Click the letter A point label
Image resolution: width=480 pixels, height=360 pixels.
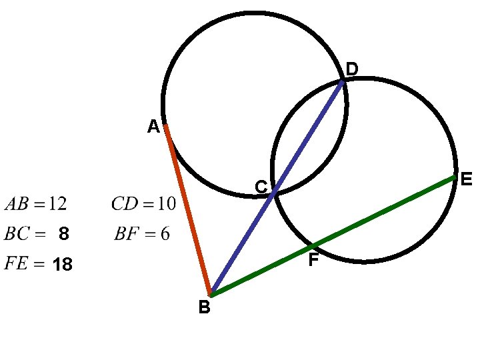tap(153, 126)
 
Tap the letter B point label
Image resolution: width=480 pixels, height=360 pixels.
tap(204, 307)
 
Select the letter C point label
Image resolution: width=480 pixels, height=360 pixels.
tap(261, 188)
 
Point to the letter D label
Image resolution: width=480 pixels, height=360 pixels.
tap(352, 69)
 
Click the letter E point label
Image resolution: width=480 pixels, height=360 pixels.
tap(466, 179)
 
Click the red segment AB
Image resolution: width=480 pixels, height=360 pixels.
tap(188, 210)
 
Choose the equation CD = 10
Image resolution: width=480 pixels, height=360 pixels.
tap(144, 203)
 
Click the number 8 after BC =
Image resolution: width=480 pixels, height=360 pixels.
tap(63, 234)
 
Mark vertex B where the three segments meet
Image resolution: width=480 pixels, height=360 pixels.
tap(211, 293)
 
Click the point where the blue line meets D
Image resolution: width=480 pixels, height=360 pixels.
tap(342, 81)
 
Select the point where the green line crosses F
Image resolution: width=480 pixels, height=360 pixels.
tap(312, 246)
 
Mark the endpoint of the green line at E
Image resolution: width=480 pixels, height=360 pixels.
tap(454, 177)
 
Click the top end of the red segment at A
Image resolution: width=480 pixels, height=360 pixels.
tap(165, 125)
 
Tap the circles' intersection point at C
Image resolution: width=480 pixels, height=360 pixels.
tap(275, 193)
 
